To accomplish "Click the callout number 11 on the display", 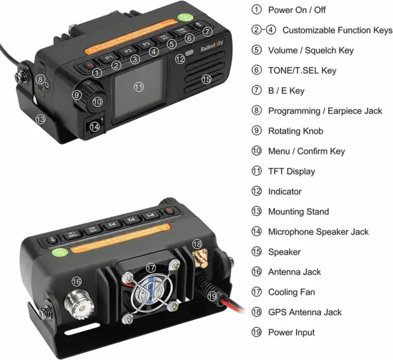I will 138,86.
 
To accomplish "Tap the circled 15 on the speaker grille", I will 207,79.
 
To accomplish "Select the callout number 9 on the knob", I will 77,95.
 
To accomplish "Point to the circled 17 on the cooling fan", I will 151,268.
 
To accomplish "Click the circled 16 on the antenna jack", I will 77,281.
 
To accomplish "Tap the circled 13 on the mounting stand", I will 41,120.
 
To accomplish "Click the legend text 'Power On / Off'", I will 297,10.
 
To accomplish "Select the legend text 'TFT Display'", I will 291,171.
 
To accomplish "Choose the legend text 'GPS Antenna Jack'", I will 305,312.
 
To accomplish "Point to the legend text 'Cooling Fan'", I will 292,292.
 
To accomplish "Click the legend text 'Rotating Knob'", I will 295,131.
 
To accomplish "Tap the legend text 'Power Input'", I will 291,333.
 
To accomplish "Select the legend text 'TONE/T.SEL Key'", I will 300,71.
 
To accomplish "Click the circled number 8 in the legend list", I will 256,111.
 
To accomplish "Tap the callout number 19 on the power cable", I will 212,296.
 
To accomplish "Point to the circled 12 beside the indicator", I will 180,58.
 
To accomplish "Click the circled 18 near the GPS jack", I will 197,243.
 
